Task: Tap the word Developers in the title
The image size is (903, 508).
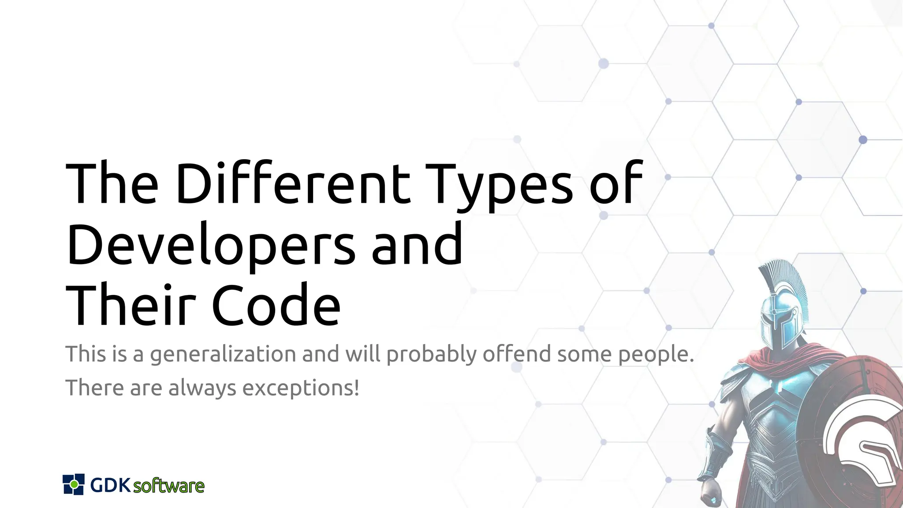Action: tap(211, 245)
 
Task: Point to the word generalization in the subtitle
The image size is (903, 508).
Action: tap(223, 355)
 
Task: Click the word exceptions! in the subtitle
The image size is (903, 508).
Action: tap(301, 388)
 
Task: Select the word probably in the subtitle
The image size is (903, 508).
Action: tap(432, 355)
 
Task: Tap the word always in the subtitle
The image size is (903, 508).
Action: tap(202, 388)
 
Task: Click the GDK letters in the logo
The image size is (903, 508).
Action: tap(110, 485)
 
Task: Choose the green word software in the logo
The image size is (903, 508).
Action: tap(168, 486)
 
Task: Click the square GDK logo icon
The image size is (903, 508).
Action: tap(74, 484)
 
